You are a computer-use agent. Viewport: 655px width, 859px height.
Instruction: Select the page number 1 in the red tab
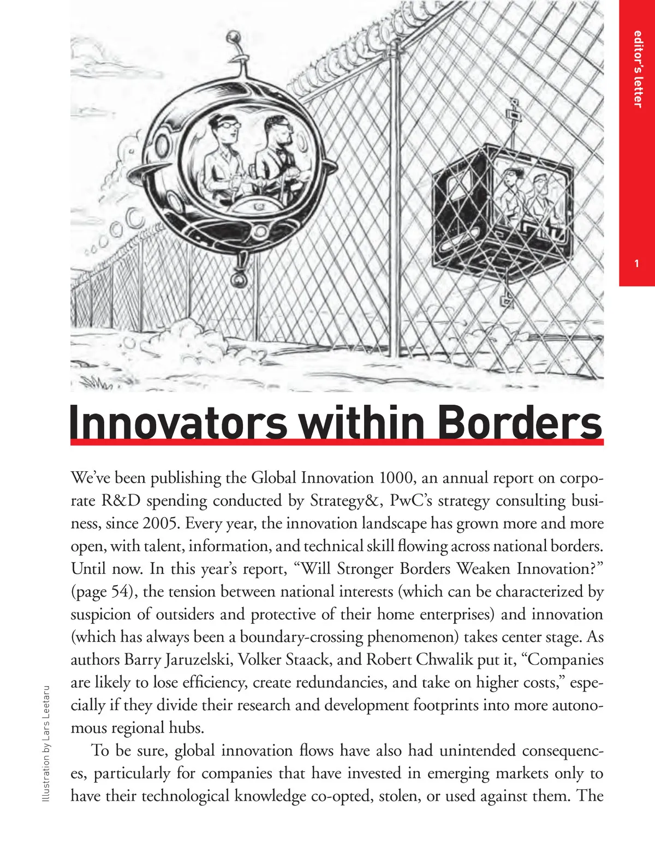click(637, 264)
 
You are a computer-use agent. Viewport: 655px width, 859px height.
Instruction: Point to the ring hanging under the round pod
click(239, 280)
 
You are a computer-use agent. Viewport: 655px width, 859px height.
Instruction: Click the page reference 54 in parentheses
click(120, 592)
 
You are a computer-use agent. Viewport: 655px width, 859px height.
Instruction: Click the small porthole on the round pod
click(162, 146)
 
